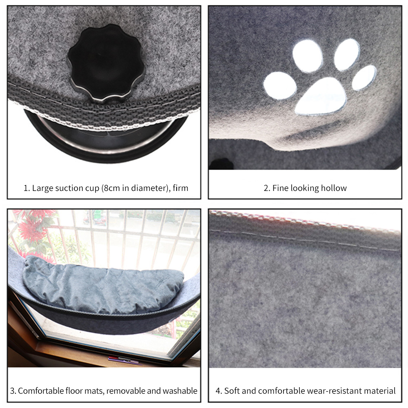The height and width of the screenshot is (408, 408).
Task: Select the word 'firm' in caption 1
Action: (x=180, y=188)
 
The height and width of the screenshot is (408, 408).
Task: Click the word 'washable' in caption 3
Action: (x=180, y=390)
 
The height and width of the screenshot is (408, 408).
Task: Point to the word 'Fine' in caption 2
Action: (x=280, y=188)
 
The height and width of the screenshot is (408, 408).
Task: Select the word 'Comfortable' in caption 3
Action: (x=40, y=390)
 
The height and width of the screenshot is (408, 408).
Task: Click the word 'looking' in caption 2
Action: (x=304, y=188)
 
